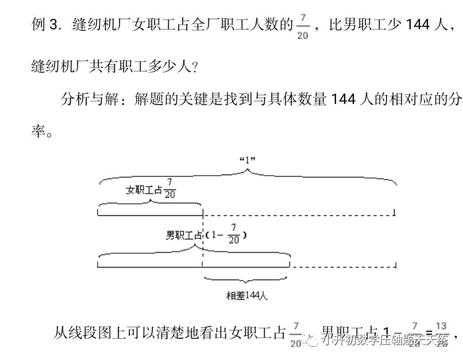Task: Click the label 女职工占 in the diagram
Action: point(144,190)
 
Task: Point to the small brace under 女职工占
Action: point(149,204)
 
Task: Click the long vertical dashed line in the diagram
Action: point(203,241)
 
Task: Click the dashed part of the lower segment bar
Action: point(343,267)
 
